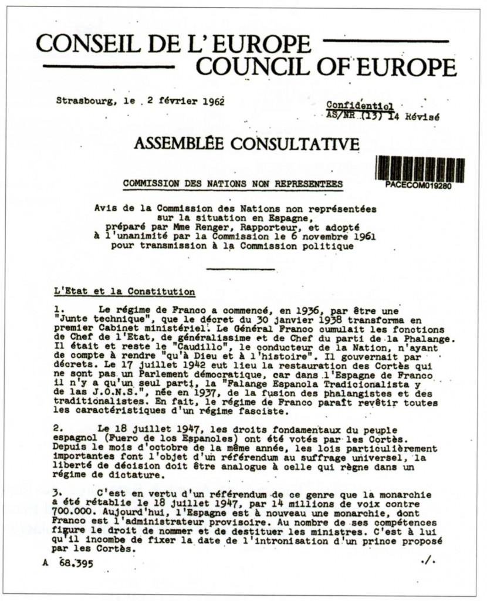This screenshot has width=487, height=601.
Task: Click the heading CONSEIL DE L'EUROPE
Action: (x=173, y=43)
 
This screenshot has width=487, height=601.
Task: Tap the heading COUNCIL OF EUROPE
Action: (x=326, y=66)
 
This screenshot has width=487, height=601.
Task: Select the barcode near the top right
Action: (x=420, y=168)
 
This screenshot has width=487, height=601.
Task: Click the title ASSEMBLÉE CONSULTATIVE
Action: (x=247, y=143)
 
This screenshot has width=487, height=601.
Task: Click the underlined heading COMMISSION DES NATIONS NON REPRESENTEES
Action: (x=233, y=183)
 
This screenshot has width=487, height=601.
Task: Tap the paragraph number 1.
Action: (x=58, y=308)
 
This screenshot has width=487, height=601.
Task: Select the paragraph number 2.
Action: (x=58, y=428)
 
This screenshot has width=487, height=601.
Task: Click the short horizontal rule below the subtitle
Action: (x=241, y=269)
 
